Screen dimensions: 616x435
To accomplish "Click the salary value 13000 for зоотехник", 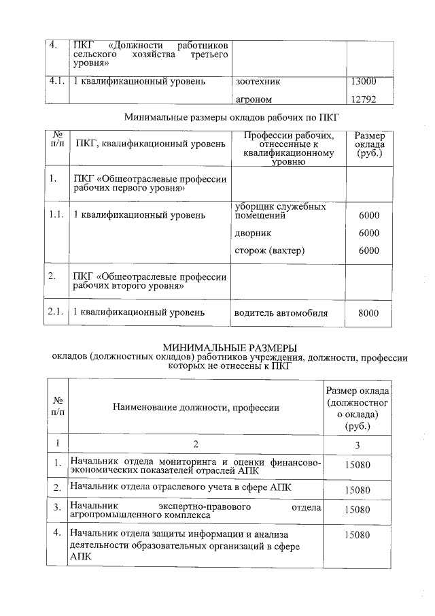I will click(362, 82).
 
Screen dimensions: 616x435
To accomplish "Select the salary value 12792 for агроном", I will click(362, 100).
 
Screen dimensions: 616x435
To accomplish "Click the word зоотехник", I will click(258, 82).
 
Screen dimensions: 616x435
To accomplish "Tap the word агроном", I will click(254, 100).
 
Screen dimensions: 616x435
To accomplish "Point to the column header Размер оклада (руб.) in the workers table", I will click(370, 145).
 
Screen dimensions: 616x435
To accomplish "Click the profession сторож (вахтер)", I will click(269, 250).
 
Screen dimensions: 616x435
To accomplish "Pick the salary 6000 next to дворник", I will click(368, 233).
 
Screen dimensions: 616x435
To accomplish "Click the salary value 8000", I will click(368, 313).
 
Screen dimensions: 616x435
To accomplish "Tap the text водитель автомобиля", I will click(281, 313).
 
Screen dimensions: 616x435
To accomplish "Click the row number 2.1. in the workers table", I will click(56, 312).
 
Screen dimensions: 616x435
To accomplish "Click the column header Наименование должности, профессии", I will click(196, 408).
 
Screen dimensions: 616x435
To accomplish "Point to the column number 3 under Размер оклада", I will click(357, 445).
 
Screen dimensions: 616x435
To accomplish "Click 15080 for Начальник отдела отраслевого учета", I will click(357, 489).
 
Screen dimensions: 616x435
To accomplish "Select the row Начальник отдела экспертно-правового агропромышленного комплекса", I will click(196, 512).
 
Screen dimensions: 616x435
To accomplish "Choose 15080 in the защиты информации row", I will click(357, 536).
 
